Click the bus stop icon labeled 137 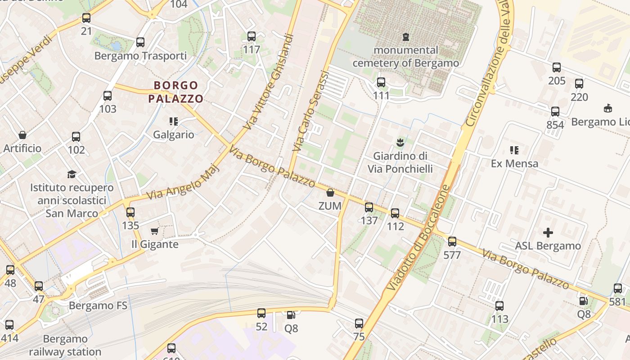tap(369, 207)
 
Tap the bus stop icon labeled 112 tap(395, 213)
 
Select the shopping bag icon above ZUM tap(330, 193)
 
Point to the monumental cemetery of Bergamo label tap(405, 56)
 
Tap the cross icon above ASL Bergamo tap(548, 233)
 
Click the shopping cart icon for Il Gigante tap(155, 231)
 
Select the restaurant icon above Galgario tap(174, 121)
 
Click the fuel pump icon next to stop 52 tap(291, 315)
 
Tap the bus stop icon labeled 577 tap(452, 242)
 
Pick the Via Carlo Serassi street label tap(311, 111)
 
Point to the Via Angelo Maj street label tap(183, 182)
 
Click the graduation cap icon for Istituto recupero tap(72, 174)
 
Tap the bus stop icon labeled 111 tap(381, 82)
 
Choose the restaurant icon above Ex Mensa tap(514, 150)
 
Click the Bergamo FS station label tap(98, 306)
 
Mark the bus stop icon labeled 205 tap(557, 67)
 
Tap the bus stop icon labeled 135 tap(130, 212)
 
